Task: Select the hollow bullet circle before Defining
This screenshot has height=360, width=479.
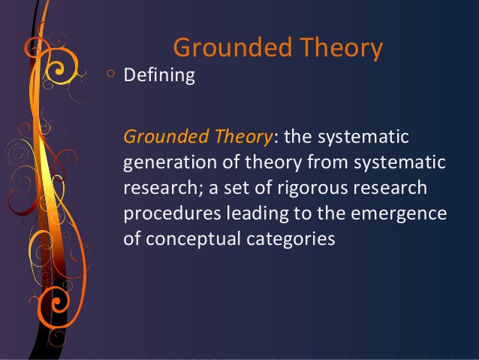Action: (x=110, y=74)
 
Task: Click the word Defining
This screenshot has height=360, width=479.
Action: (x=159, y=75)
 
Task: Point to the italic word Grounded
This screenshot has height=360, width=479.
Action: (x=167, y=137)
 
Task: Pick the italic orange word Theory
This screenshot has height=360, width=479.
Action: (x=243, y=138)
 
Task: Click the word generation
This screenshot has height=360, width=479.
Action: (x=170, y=162)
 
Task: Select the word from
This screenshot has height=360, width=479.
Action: (x=327, y=162)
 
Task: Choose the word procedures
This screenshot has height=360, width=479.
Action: (x=172, y=213)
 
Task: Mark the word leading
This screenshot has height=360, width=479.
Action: (x=258, y=213)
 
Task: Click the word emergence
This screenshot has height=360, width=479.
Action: (x=399, y=214)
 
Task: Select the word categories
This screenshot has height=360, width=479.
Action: (x=291, y=240)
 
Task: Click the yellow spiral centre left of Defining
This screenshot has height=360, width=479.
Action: (x=58, y=70)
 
